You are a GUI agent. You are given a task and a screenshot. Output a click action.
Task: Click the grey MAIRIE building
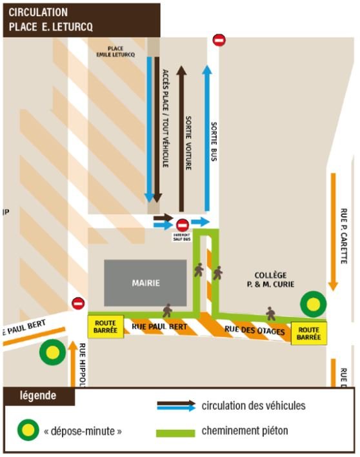(x=145, y=283)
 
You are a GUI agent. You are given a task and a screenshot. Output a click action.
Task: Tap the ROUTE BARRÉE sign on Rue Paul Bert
(x=106, y=327)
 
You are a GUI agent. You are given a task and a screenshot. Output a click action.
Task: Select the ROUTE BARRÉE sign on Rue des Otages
(x=309, y=334)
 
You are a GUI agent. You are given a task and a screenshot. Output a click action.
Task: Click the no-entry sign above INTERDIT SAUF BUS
(x=183, y=225)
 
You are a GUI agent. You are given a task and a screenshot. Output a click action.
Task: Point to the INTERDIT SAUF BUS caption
(x=182, y=237)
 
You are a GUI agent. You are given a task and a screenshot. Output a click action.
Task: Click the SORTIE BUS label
(x=214, y=141)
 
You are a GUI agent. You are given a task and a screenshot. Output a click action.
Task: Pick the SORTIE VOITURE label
(x=189, y=143)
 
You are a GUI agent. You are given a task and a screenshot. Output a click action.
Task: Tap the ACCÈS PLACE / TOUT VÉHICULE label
(x=165, y=118)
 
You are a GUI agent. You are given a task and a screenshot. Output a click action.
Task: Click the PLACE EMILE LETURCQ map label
(x=115, y=51)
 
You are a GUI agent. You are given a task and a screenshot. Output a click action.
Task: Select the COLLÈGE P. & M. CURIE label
(x=270, y=279)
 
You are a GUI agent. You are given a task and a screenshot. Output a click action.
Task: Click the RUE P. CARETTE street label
(x=344, y=236)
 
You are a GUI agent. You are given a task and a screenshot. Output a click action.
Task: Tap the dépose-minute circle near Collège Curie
(x=314, y=304)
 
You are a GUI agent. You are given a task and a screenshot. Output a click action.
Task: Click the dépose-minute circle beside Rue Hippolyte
(x=52, y=352)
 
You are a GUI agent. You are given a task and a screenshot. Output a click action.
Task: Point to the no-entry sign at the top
(x=219, y=40)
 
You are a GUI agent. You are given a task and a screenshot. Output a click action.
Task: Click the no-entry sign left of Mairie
(x=78, y=303)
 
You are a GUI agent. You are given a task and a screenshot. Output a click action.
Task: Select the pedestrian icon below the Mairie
(x=167, y=310)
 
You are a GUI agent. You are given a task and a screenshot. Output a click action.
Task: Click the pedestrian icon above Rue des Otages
(x=270, y=314)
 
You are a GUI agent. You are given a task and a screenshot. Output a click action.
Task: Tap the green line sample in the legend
(x=175, y=433)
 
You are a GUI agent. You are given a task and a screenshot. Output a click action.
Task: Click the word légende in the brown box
(x=38, y=396)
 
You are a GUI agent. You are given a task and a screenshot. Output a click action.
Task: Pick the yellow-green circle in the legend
(x=28, y=430)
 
